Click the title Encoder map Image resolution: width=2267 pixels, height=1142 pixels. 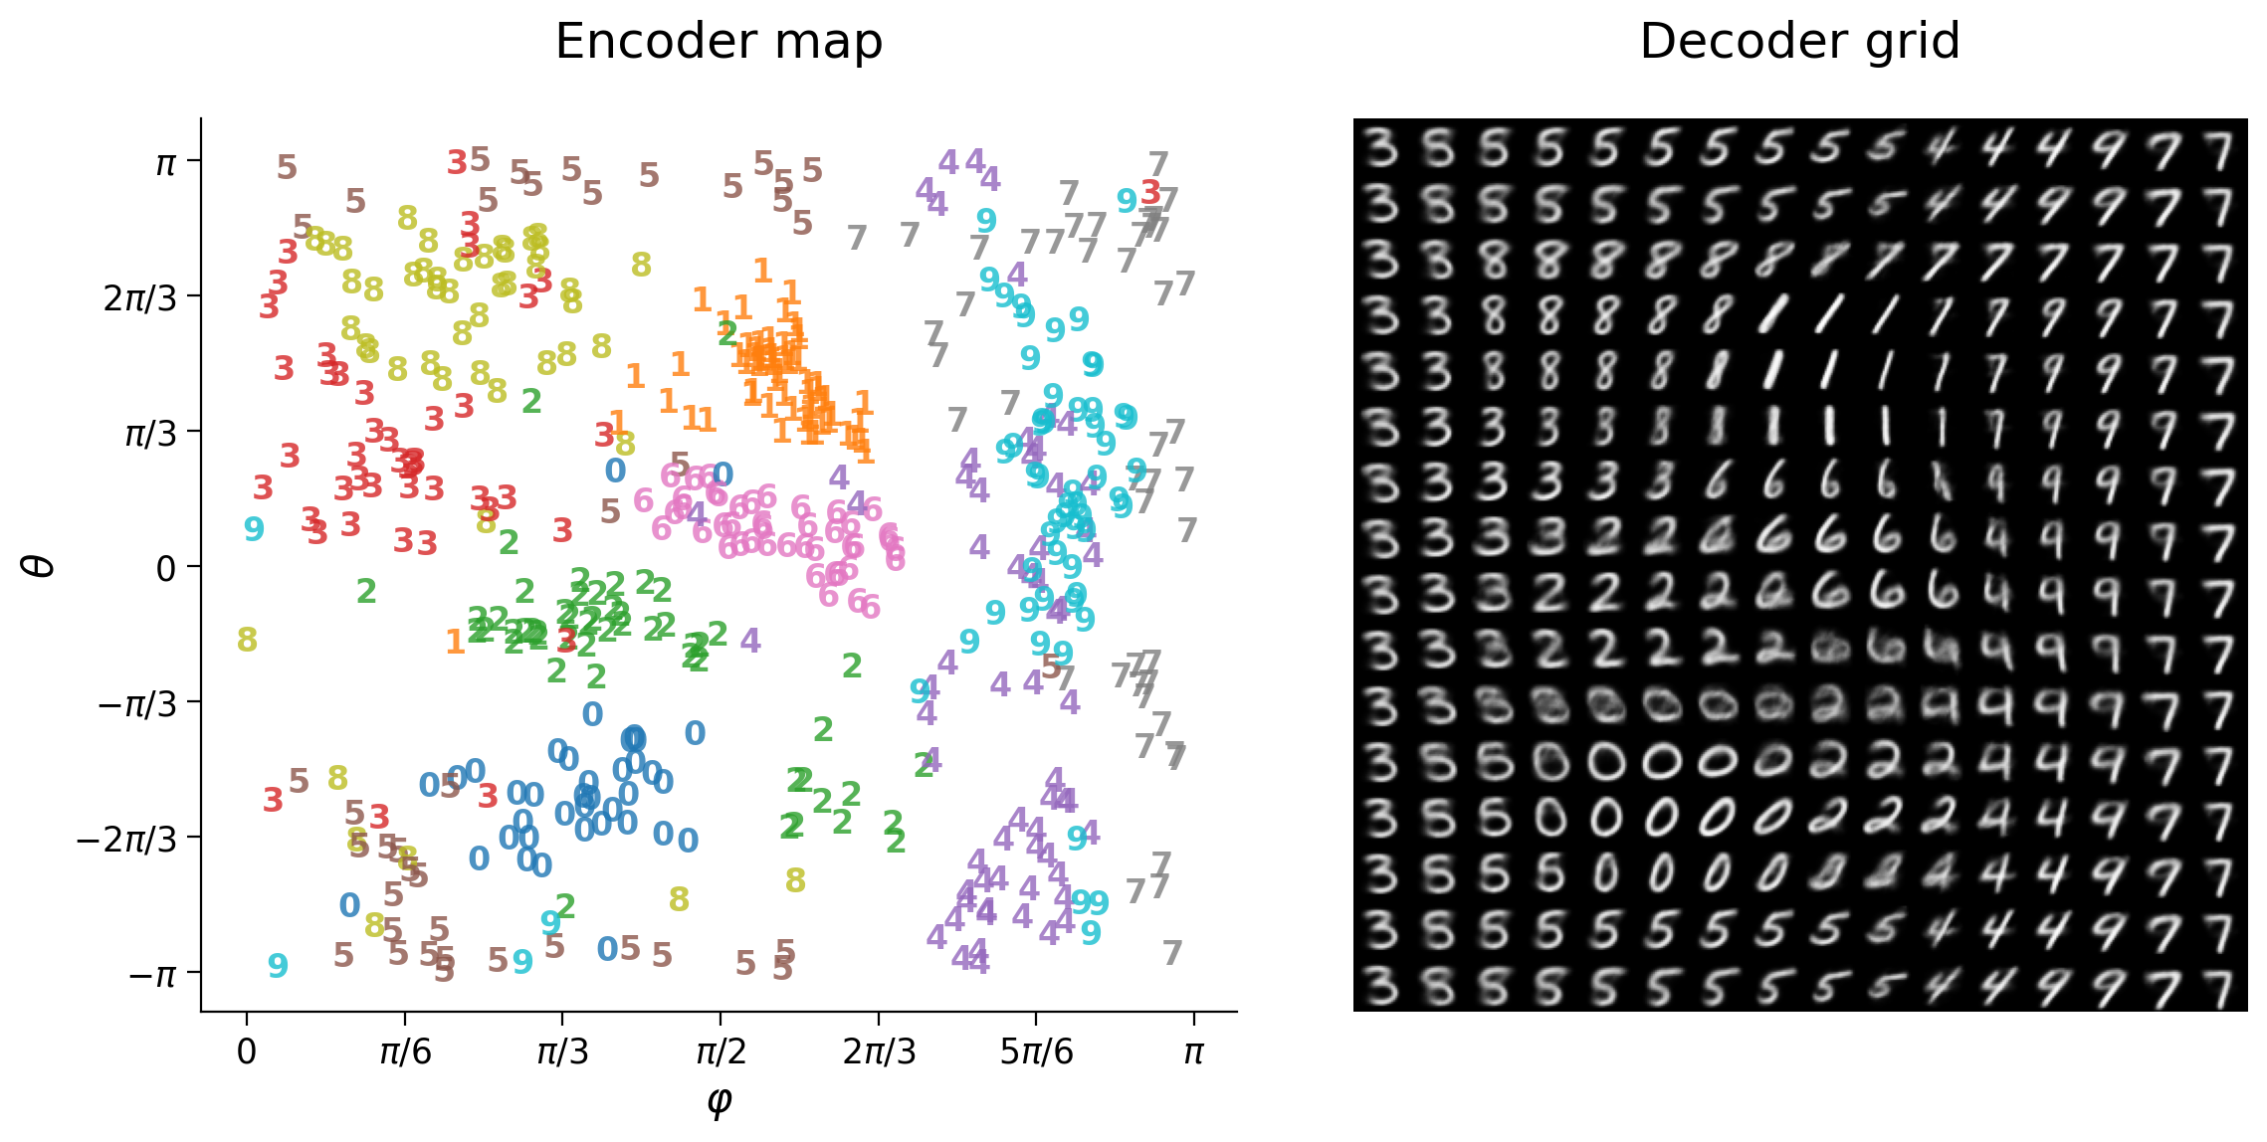pos(719,42)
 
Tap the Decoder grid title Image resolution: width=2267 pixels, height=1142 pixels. pos(1799,42)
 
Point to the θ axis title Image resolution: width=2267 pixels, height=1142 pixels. pos(40,565)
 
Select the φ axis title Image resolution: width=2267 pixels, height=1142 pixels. pos(719,1099)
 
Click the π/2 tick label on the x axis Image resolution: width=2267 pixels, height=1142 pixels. pos(721,1051)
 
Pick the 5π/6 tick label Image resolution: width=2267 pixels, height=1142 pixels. pos(1036,1051)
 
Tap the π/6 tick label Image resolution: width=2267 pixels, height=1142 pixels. pos(405,1051)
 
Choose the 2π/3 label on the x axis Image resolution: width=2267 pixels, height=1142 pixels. pos(879,1051)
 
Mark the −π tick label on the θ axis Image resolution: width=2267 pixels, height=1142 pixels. pos(152,973)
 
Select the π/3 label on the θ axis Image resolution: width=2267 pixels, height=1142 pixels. pos(150,433)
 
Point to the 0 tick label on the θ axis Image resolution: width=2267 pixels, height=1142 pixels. pos(165,568)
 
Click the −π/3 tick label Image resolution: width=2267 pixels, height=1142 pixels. pos(137,703)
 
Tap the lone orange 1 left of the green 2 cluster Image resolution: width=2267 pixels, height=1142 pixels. pos(456,642)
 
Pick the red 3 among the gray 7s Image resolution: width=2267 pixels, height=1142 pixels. pos(1151,191)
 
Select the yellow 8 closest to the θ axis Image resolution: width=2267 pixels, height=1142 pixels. pos(247,640)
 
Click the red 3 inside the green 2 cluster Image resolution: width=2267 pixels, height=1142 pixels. pos(566,639)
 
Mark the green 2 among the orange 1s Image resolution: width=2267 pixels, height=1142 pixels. pos(727,332)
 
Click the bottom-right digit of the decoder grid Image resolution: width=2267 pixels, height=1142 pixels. pos(2218,986)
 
